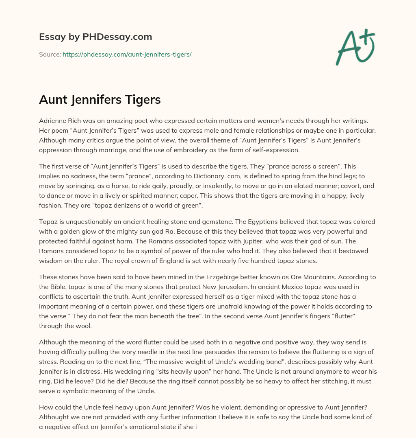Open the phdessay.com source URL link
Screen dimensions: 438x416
click(x=127, y=54)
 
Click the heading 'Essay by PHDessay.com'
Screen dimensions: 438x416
click(x=95, y=37)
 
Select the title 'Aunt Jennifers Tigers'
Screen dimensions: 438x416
click(x=100, y=99)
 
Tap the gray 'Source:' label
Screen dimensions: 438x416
click(x=50, y=54)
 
